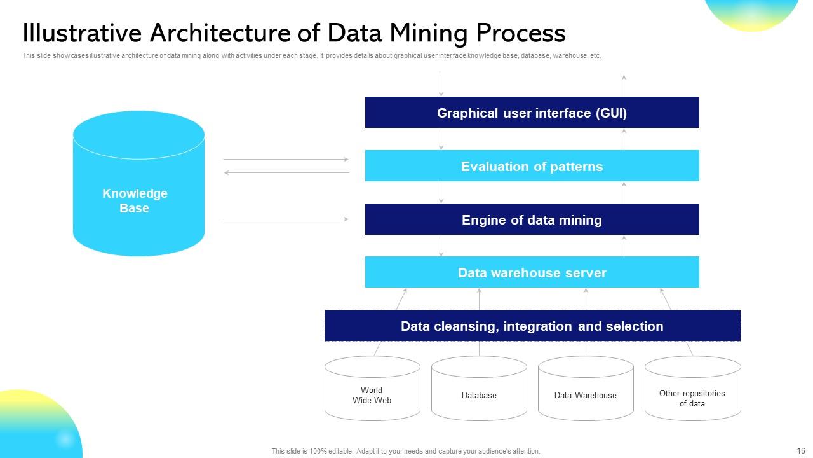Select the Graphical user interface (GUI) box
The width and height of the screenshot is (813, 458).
coord(532,113)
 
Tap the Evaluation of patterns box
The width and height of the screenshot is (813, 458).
coord(532,166)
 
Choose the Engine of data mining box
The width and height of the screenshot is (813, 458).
coord(532,219)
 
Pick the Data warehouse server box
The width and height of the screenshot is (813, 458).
coord(532,272)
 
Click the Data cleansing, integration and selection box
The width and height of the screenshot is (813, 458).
coord(532,326)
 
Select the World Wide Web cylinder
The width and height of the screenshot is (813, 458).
coord(372,391)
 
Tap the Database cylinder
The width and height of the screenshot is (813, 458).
coord(479,391)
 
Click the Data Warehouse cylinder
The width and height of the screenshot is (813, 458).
coord(585,391)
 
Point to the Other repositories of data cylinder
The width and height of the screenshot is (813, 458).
coord(692,391)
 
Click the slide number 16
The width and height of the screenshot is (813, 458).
coord(800,450)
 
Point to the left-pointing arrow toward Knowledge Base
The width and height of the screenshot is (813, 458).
coord(286,172)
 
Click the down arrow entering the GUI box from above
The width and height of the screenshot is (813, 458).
coord(441,85)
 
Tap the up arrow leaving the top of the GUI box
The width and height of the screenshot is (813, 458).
coord(624,85)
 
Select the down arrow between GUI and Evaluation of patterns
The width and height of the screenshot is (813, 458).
coord(441,139)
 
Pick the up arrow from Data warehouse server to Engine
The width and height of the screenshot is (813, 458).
coord(624,246)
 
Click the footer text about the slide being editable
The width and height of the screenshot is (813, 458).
coord(406,451)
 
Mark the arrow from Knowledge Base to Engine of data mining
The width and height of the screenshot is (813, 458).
coord(286,219)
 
